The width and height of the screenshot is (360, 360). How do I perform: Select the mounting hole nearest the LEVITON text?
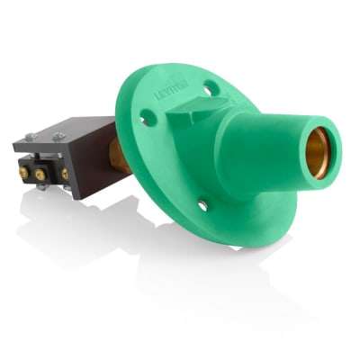point(209,88)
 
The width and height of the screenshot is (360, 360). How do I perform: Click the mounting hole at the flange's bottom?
point(203,206)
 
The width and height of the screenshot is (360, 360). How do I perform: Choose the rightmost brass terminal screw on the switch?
point(65,173)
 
